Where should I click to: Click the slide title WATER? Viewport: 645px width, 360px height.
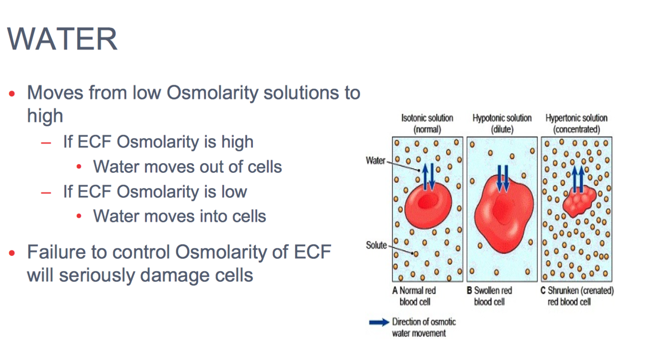pos(62,39)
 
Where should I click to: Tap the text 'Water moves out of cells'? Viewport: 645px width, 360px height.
pos(188,166)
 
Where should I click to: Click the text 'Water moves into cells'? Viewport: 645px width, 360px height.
pos(180,216)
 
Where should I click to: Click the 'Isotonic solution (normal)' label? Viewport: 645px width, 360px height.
pos(427,124)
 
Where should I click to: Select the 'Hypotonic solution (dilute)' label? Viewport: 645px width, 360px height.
pos(502,124)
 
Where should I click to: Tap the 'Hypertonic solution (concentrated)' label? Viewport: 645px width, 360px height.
pos(576,124)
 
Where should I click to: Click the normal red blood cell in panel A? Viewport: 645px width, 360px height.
pos(428,205)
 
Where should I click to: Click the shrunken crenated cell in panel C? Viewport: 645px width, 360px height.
pos(579,202)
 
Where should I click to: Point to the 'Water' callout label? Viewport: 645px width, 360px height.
pos(376,161)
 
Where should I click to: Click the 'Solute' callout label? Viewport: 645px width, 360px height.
pos(376,245)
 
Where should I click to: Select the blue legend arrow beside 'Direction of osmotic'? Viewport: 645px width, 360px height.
pos(379,322)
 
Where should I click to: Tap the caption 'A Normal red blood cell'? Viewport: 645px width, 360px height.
pos(414,296)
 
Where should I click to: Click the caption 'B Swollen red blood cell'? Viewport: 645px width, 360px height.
pos(489,296)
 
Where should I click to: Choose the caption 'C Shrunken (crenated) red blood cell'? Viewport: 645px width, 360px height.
pos(577,296)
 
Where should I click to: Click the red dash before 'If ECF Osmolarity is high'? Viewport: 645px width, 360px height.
pos(46,143)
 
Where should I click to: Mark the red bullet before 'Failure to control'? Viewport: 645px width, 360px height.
pos(12,253)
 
